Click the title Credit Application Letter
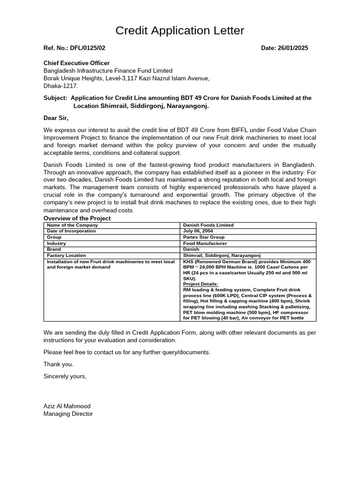(x=180, y=31)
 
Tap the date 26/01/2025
(x=292, y=48)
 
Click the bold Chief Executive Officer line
(x=76, y=63)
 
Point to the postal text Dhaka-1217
(x=61, y=86)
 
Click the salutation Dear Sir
(x=56, y=118)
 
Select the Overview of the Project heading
(x=77, y=218)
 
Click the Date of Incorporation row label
(x=71, y=231)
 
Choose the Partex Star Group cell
(x=204, y=237)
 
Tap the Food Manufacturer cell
(x=205, y=243)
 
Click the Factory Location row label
(x=67, y=255)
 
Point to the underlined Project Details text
(x=201, y=284)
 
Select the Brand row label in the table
(x=54, y=249)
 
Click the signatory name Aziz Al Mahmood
(x=67, y=406)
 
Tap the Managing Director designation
(x=68, y=414)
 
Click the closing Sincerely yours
(x=65, y=376)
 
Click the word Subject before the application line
(x=55, y=98)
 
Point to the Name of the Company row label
(x=73, y=225)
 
